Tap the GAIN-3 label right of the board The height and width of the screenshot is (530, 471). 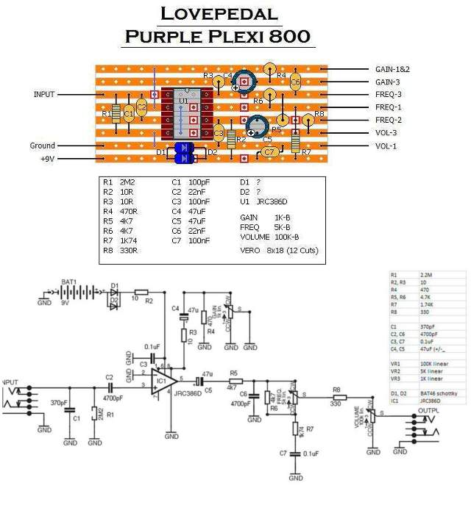click(388, 82)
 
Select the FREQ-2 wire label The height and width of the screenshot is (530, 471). click(389, 120)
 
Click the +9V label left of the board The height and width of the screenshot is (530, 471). click(46, 158)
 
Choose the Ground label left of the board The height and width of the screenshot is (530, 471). click(43, 146)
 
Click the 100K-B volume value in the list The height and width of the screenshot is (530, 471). click(286, 237)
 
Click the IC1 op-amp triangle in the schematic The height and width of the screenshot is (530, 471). click(163, 381)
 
